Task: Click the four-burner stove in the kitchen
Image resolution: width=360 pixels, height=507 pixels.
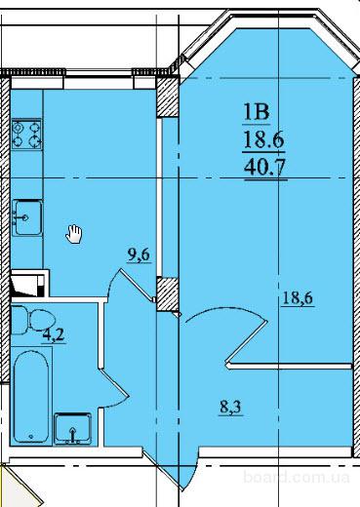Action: [26, 135]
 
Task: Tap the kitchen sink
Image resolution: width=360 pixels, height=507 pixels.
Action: [27, 217]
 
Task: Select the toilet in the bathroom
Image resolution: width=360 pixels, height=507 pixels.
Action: [32, 320]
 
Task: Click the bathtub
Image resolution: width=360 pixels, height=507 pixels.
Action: [31, 396]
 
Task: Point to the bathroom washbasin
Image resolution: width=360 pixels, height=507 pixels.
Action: [72, 428]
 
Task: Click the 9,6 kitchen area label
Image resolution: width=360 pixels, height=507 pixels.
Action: [139, 254]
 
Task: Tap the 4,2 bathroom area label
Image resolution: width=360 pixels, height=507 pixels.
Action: [54, 335]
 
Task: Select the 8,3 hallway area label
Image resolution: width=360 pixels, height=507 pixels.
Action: [230, 407]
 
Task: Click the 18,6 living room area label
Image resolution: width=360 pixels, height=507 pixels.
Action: [298, 298]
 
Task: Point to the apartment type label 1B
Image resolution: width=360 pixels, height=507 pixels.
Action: [257, 112]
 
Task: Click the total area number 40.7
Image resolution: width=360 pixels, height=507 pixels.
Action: [265, 168]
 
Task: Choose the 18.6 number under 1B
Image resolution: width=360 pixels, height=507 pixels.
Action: [263, 140]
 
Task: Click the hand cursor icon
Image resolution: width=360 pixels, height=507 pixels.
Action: [74, 234]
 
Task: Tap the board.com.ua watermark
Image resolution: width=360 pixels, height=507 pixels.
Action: [297, 477]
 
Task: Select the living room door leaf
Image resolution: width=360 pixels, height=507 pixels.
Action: [247, 342]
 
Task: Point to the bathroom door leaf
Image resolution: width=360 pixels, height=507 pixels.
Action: [114, 383]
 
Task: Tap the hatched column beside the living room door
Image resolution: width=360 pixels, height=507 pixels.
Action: [167, 294]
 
